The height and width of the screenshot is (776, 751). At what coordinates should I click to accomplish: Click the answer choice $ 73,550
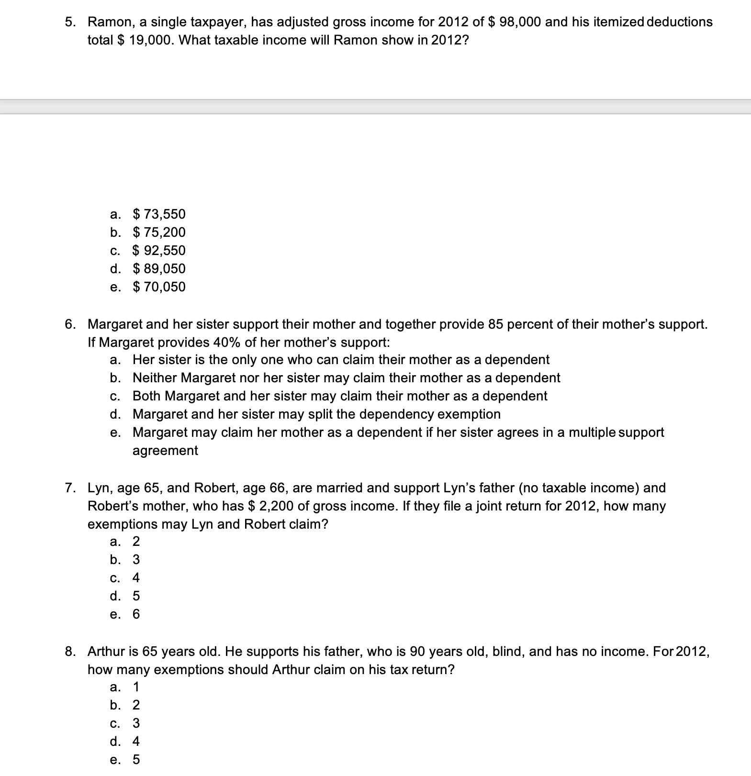158,214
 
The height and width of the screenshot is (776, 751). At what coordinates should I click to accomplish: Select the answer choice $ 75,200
158,232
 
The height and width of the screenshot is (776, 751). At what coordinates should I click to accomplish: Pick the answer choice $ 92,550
158,250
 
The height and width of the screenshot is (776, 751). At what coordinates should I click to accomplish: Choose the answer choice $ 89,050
158,268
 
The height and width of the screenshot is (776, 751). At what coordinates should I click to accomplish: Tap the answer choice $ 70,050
158,287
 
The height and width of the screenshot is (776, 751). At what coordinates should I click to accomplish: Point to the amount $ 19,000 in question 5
145,40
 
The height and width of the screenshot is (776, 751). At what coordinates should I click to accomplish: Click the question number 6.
70,324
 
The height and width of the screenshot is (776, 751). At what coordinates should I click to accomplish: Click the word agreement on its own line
165,451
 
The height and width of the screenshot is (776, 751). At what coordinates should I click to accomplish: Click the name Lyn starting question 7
99,488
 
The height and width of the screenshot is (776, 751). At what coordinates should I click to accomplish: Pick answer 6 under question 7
136,614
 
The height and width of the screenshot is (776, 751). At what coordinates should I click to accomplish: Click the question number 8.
70,652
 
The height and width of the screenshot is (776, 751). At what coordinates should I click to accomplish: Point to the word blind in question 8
507,652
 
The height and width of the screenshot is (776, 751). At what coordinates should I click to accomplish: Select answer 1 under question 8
136,687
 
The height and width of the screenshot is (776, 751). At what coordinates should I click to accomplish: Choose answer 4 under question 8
136,742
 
